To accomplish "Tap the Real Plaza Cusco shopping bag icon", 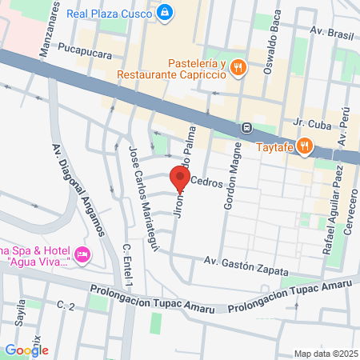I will click(x=164, y=12).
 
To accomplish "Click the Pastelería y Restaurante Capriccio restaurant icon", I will click(x=238, y=68).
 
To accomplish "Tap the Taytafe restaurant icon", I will click(x=304, y=146).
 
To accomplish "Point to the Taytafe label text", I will click(x=275, y=146).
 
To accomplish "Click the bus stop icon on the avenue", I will click(x=248, y=127).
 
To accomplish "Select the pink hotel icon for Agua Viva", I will click(x=86, y=255).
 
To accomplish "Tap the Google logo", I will click(x=26, y=350).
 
